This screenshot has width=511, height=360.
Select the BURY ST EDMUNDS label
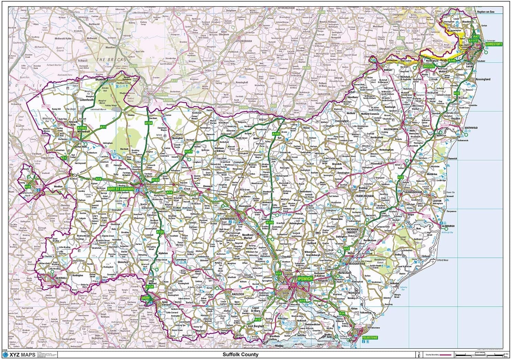[120, 189]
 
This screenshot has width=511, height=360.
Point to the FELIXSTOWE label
[371, 338]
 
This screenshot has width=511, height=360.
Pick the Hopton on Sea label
[485, 12]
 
